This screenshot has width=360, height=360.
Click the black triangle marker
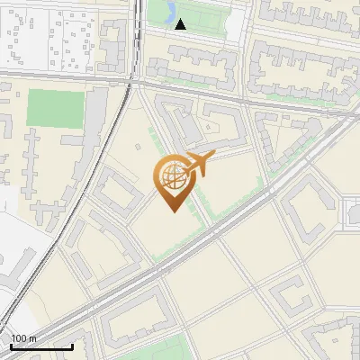coord(180,24)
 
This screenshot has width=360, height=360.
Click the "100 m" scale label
coord(25,338)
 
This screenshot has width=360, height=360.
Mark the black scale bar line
coord(41,346)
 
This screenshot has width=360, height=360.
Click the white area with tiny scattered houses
coord(45,36)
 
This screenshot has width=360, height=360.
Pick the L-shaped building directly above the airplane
coord(216,126)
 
